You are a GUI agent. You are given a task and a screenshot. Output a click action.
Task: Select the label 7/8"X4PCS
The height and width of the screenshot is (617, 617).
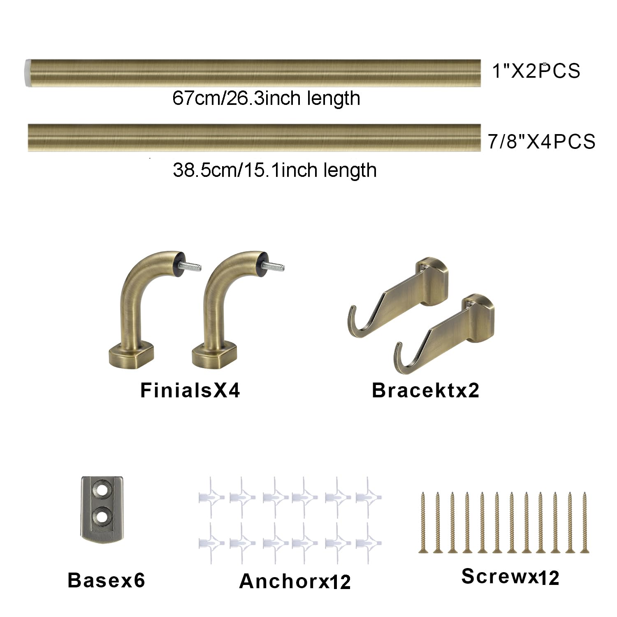click(541, 141)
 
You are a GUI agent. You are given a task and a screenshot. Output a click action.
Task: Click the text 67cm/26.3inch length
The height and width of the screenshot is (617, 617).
click(266, 98)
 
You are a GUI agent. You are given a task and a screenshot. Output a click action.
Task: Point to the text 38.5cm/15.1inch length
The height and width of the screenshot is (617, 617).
click(275, 170)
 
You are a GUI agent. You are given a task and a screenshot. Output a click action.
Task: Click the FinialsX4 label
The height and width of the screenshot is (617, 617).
click(190, 390)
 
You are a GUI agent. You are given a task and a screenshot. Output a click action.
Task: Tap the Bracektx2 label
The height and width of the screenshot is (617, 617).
click(425, 390)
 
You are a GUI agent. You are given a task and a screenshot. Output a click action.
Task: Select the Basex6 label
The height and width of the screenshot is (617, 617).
click(106, 580)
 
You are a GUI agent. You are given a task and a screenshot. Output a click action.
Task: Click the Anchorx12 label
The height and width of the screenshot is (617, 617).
click(295, 581)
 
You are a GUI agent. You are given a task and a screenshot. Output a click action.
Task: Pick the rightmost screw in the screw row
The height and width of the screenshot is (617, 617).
click(584, 522)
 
